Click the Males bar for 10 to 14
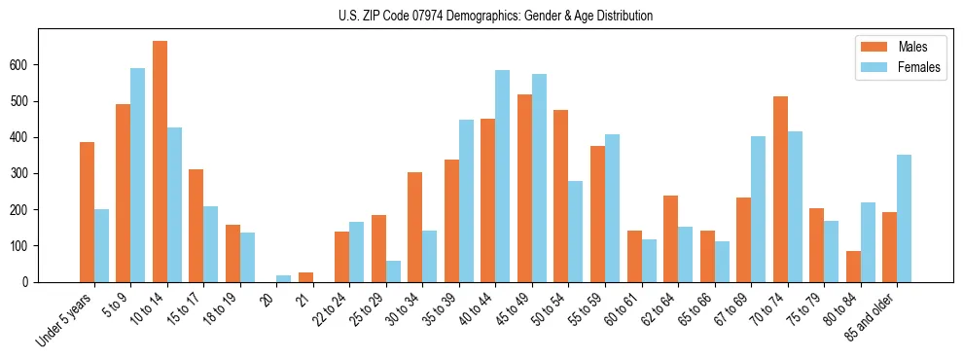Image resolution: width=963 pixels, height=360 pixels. point(160,162)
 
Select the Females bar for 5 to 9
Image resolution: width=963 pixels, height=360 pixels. point(138,175)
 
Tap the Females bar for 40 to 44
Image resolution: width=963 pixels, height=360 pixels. point(503,176)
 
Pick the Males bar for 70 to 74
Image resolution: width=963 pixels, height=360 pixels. point(780,190)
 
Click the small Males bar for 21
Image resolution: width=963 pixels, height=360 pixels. point(305,277)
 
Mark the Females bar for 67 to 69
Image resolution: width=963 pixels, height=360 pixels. point(758,209)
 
